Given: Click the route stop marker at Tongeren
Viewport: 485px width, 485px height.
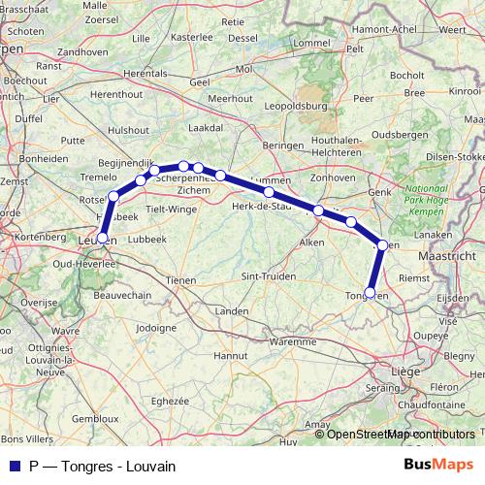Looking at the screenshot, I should coord(370,292).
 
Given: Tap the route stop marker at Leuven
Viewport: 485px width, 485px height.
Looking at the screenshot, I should coord(103,237).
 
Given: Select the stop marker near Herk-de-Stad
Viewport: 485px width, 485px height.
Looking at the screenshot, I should coord(269,192).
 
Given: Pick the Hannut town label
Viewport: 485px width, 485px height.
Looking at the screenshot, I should coord(231,357).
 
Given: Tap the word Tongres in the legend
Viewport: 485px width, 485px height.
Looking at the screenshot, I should coord(86,466).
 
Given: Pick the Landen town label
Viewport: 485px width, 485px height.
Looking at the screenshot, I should coord(232,311).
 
